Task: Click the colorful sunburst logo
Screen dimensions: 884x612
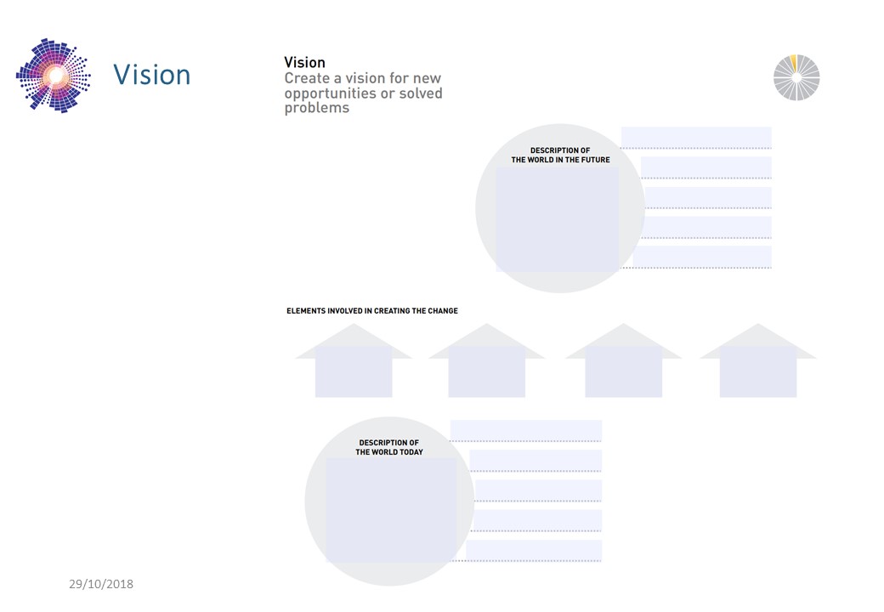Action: pyautogui.click(x=54, y=76)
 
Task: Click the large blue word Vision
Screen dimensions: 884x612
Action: pyautogui.click(x=151, y=75)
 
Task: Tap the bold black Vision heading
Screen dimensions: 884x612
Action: pyautogui.click(x=304, y=63)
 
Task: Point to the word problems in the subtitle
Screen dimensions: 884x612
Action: pyautogui.click(x=317, y=108)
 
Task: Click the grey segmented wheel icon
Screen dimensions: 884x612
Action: pyautogui.click(x=796, y=77)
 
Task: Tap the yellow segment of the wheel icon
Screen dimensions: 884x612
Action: pyautogui.click(x=794, y=62)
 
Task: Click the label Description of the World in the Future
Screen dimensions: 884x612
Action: pyautogui.click(x=560, y=155)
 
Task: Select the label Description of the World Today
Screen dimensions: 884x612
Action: pyautogui.click(x=389, y=447)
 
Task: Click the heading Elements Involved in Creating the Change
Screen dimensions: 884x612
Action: pyautogui.click(x=372, y=311)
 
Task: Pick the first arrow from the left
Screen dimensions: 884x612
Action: pyautogui.click(x=354, y=360)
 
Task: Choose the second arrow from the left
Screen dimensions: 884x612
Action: pyautogui.click(x=486, y=360)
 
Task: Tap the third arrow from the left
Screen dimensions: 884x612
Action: pyautogui.click(x=624, y=360)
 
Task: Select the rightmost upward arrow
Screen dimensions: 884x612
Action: pyautogui.click(x=758, y=360)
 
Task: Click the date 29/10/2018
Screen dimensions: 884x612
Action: pyautogui.click(x=101, y=585)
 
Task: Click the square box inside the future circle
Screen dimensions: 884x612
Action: pyautogui.click(x=557, y=220)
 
